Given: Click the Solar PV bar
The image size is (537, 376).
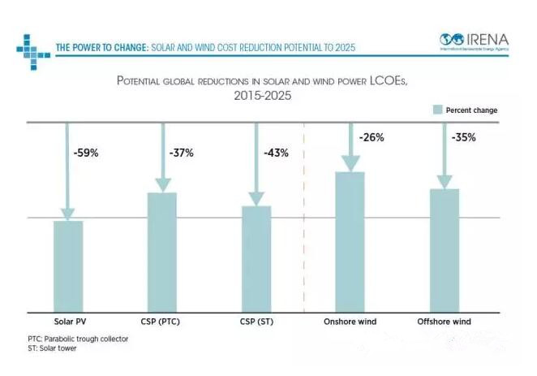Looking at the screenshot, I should [x=68, y=266].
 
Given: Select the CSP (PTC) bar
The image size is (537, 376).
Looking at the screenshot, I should [x=161, y=252].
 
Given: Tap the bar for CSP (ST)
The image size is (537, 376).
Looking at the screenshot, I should [x=256, y=259].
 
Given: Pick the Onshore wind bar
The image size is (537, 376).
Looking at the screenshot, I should [x=350, y=242].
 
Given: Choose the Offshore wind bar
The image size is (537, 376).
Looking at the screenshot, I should [x=444, y=250].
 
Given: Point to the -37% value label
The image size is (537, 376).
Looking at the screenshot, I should [x=180, y=153].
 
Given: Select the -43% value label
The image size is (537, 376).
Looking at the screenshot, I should [x=276, y=153].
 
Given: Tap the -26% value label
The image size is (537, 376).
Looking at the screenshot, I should [x=372, y=137].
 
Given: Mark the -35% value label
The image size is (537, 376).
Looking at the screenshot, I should [x=463, y=137].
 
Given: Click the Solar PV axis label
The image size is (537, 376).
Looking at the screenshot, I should [x=70, y=322].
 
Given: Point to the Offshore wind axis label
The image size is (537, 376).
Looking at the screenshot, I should [x=444, y=322].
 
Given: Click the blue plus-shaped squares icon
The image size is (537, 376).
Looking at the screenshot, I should [x=30, y=47].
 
